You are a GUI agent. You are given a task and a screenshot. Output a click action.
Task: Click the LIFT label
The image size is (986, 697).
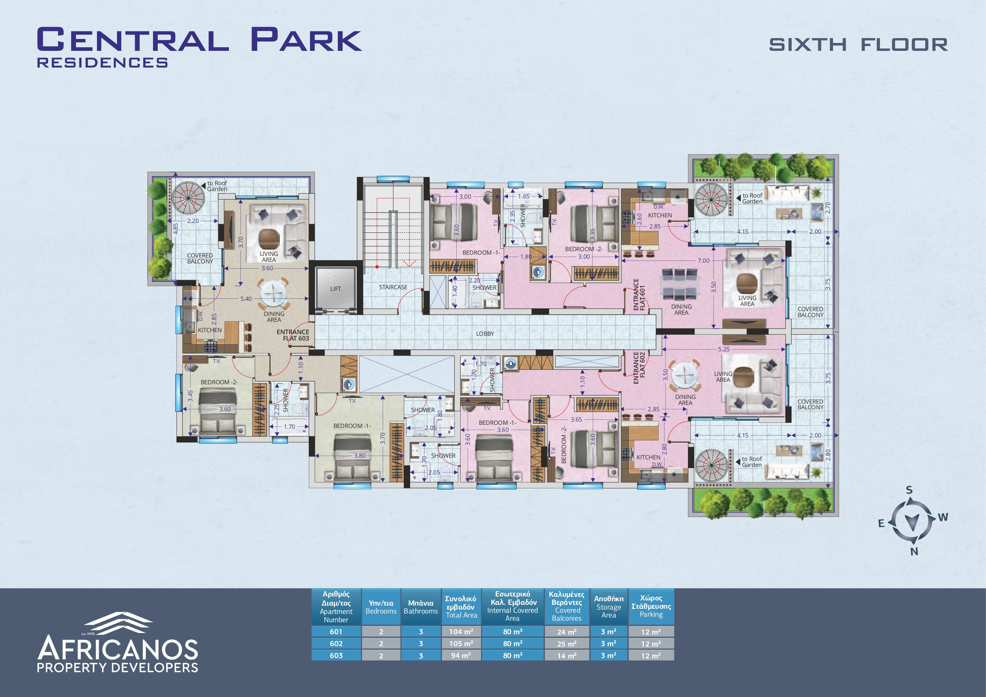(x=335, y=289)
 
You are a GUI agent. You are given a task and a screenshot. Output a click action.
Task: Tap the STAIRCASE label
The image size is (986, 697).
(x=393, y=287)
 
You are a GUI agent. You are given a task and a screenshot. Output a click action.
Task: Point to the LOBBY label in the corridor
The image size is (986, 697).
(x=485, y=334)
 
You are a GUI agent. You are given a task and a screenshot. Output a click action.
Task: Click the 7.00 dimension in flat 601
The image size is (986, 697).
(x=703, y=261)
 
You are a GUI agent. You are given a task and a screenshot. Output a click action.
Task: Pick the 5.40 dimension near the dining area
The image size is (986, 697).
(x=246, y=299)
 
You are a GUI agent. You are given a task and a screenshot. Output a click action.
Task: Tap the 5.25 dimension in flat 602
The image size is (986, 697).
(x=724, y=349)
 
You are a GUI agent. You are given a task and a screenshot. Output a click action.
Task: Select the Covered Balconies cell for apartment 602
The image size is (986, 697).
(x=567, y=644)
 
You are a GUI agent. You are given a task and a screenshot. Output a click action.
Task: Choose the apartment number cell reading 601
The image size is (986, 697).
(x=336, y=632)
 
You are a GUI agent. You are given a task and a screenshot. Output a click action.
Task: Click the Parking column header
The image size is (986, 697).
(x=651, y=606)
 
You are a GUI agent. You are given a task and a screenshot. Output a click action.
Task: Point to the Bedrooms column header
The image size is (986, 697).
(x=381, y=607)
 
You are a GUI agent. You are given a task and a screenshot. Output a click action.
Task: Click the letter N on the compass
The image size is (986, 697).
(x=914, y=552)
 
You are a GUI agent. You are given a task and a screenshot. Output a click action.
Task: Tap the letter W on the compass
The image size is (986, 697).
(x=943, y=517)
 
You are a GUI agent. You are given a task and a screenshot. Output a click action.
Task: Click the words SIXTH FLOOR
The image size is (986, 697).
(x=858, y=45)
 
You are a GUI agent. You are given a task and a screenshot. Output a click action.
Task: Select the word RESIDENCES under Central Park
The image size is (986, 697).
(x=102, y=63)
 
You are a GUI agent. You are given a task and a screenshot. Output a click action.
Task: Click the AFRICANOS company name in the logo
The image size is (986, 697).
(x=118, y=648)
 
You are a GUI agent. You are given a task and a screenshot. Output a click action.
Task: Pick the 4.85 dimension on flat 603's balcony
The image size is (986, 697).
(x=176, y=228)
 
